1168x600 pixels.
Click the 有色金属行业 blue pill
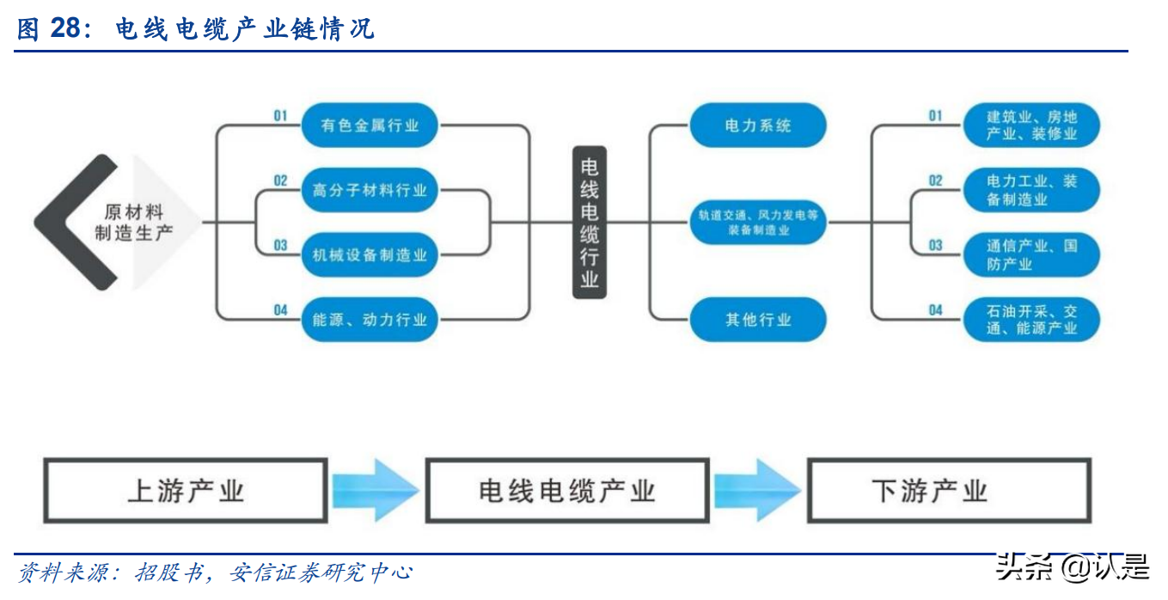370,126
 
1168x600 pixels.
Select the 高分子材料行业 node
370,190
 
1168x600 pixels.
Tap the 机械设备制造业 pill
370,254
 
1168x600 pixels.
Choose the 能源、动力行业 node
370,319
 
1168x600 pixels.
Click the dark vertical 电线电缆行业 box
590,223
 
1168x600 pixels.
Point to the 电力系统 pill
758,126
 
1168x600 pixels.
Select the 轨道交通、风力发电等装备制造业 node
758,223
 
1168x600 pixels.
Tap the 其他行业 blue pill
758,319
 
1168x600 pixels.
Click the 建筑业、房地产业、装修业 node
1031,126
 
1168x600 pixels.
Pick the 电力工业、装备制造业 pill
1031,190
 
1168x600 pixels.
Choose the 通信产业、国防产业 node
1031,254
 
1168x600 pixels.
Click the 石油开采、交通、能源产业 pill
1031,319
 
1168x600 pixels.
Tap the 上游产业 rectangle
186,491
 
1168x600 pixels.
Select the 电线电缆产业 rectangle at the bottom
567,491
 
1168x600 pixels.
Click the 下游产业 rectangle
949,491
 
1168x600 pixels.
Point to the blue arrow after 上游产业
376,491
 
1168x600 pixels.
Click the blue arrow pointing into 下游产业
758,491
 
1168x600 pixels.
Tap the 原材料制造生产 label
133,223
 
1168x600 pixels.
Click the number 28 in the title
65,28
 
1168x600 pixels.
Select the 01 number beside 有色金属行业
280,115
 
